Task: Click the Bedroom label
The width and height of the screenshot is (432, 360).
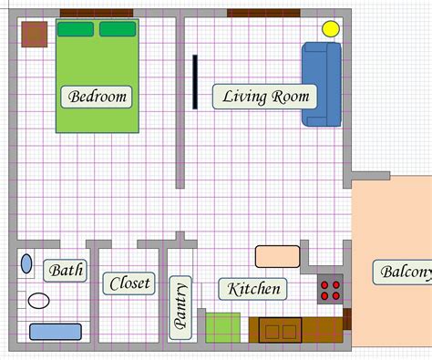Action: point(97,96)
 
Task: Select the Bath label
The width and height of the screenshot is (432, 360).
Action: point(66,270)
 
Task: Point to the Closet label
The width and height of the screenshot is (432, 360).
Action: point(129,284)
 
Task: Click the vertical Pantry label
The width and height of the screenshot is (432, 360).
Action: point(180,306)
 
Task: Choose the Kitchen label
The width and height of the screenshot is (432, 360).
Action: point(253,289)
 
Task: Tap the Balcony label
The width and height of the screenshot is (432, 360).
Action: point(404,272)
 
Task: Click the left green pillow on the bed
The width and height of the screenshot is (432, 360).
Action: point(76,29)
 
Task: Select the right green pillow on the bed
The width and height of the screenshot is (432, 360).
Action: point(118,29)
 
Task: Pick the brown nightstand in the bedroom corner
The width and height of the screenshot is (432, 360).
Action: point(35,35)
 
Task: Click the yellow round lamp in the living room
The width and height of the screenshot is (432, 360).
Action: point(330,28)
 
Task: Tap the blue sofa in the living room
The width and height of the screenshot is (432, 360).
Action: point(321,84)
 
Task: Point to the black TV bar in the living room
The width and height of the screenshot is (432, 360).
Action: point(194,82)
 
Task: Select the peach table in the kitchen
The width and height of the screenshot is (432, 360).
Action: point(277,256)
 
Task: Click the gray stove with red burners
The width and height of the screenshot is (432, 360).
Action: point(330,289)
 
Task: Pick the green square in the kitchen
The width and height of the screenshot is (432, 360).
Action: point(221,326)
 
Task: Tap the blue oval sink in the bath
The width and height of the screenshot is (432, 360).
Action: point(26,265)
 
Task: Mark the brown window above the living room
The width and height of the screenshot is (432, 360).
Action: point(263,13)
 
